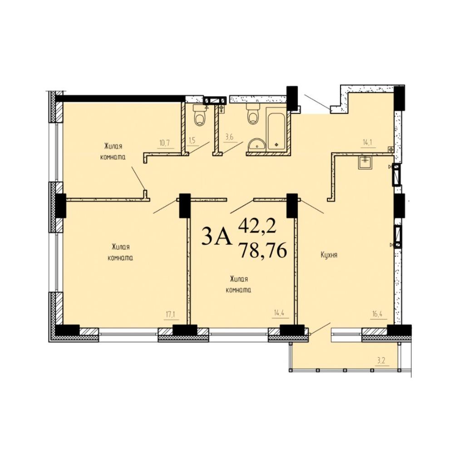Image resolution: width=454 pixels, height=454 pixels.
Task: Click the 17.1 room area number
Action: point(171,314)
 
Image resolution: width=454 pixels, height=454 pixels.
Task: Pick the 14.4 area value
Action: point(279,313)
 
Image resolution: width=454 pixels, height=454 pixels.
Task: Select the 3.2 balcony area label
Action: point(381,361)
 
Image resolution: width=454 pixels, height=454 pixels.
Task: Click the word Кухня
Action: point(329,255)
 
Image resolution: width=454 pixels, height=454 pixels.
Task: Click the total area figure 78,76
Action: point(262,250)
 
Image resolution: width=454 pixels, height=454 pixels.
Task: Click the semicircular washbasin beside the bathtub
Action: point(256,144)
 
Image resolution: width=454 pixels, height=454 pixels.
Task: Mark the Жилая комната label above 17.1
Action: point(120,252)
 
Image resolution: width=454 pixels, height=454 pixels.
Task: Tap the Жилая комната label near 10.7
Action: point(113,151)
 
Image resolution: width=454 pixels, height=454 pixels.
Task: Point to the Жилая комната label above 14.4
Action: point(238,284)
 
